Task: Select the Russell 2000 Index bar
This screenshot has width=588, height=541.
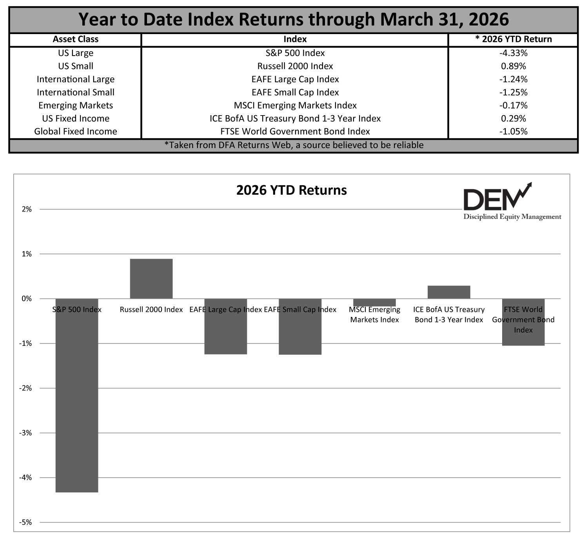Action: click(x=151, y=279)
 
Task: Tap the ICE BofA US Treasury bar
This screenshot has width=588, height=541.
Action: click(x=449, y=292)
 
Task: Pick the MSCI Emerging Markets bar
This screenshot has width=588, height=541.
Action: click(x=374, y=302)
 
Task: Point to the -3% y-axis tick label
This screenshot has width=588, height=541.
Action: click(x=26, y=433)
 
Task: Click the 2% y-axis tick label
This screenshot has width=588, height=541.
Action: click(x=27, y=209)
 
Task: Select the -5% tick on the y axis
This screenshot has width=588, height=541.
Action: click(x=26, y=522)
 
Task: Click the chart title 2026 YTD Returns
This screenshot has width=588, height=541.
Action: click(x=291, y=190)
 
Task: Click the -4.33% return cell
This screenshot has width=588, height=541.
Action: click(x=513, y=53)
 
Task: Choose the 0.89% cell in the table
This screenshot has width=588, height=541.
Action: click(x=513, y=66)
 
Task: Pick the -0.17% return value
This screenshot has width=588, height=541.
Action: click(x=513, y=105)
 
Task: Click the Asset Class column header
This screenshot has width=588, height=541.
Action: click(x=75, y=39)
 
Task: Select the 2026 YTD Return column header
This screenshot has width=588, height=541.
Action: click(x=513, y=39)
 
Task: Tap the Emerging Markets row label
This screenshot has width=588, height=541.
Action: click(x=75, y=105)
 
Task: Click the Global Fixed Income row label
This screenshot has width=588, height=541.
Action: click(x=75, y=132)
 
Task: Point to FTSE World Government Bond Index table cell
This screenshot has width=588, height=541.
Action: click(x=295, y=132)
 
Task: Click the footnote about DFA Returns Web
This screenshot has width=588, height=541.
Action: click(x=294, y=145)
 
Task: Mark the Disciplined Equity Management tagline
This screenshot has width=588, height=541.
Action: click(x=512, y=217)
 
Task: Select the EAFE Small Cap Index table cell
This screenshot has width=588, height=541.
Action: click(x=295, y=92)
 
